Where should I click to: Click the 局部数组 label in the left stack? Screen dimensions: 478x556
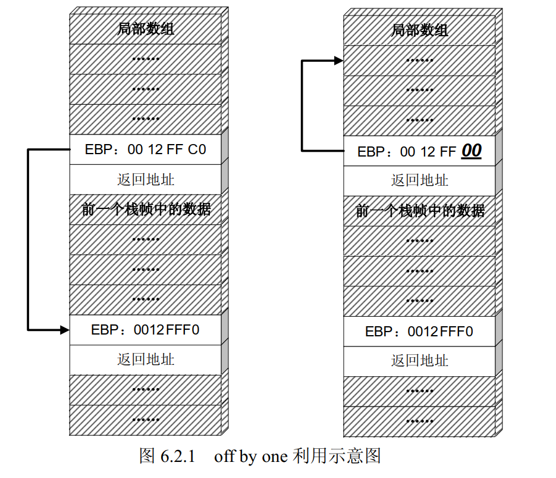146,28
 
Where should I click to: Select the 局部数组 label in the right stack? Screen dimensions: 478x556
419,30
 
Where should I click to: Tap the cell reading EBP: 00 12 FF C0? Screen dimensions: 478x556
146,149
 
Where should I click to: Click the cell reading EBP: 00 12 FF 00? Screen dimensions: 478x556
419,151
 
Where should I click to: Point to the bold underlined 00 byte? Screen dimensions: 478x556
471,151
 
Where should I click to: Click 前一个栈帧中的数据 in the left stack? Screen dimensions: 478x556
146,209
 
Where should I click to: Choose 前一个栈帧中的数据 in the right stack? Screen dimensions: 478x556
420,211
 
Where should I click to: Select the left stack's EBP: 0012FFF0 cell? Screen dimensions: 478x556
146,329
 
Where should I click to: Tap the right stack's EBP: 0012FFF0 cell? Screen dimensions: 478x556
419,331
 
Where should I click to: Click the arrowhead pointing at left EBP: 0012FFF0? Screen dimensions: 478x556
65,329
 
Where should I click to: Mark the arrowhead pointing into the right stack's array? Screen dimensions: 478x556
339,60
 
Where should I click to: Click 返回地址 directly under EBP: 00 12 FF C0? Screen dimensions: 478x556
146,179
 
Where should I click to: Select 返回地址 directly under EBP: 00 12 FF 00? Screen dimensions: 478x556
419,180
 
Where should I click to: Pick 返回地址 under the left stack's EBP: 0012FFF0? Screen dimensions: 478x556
146,359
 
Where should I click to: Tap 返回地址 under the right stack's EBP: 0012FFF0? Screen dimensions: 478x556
419,361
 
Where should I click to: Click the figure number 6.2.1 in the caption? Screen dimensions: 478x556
178,457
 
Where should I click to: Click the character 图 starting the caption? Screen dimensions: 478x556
147,457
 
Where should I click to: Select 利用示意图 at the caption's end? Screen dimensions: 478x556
337,457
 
